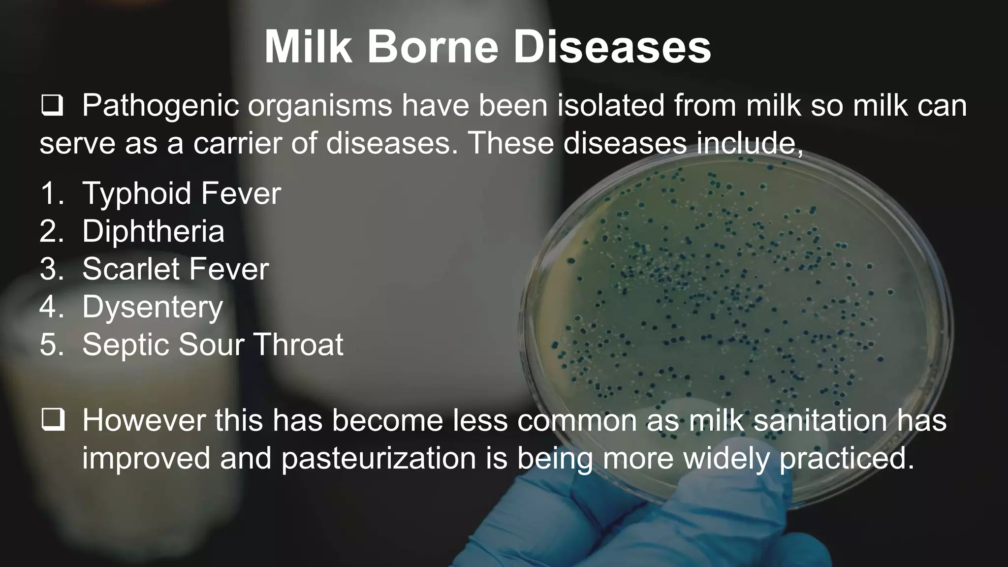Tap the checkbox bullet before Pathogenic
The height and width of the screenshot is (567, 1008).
coord(52,106)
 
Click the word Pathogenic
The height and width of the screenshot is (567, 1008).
coord(160,106)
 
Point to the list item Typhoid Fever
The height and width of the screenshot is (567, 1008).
coord(181,193)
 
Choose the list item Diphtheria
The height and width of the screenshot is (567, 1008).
coord(153,231)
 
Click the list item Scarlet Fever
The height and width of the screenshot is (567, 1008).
coord(175,269)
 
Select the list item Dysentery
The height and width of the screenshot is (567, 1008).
coord(153,307)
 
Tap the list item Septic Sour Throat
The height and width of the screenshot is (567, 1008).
coord(213,344)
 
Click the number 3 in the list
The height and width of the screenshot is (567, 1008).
coord(48,269)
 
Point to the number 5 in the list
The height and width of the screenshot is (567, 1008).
coord(48,344)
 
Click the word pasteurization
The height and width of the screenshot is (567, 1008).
coord(378,458)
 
